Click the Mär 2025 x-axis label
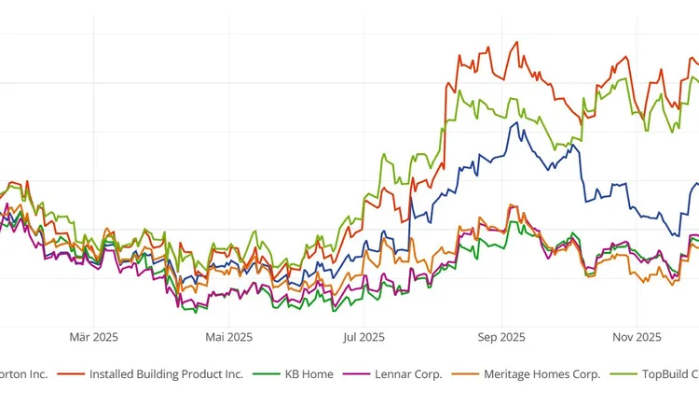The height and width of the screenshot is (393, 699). tap(93, 337)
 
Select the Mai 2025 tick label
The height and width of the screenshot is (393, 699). tap(228, 337)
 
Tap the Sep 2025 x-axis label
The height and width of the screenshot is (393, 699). tap(500, 337)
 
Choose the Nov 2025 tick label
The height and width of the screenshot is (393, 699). tap(636, 337)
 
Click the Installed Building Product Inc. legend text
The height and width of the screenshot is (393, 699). tap(166, 374)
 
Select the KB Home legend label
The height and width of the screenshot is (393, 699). tap(308, 374)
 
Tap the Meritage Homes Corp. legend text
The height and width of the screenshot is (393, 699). tap(541, 374)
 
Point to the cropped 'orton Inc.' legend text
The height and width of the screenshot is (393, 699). tap(23, 374)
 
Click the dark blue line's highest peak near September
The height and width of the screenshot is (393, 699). tap(511, 122)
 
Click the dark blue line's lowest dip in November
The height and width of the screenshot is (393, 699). tap(678, 234)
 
